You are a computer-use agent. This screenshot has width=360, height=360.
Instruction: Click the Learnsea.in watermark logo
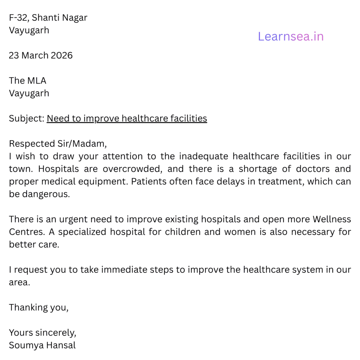pos(291,36)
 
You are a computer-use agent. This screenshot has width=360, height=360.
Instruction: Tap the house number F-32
pos(18,18)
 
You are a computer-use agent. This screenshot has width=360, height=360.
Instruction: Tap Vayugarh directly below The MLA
pos(29,94)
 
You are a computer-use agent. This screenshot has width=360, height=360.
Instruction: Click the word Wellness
pos(332,219)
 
